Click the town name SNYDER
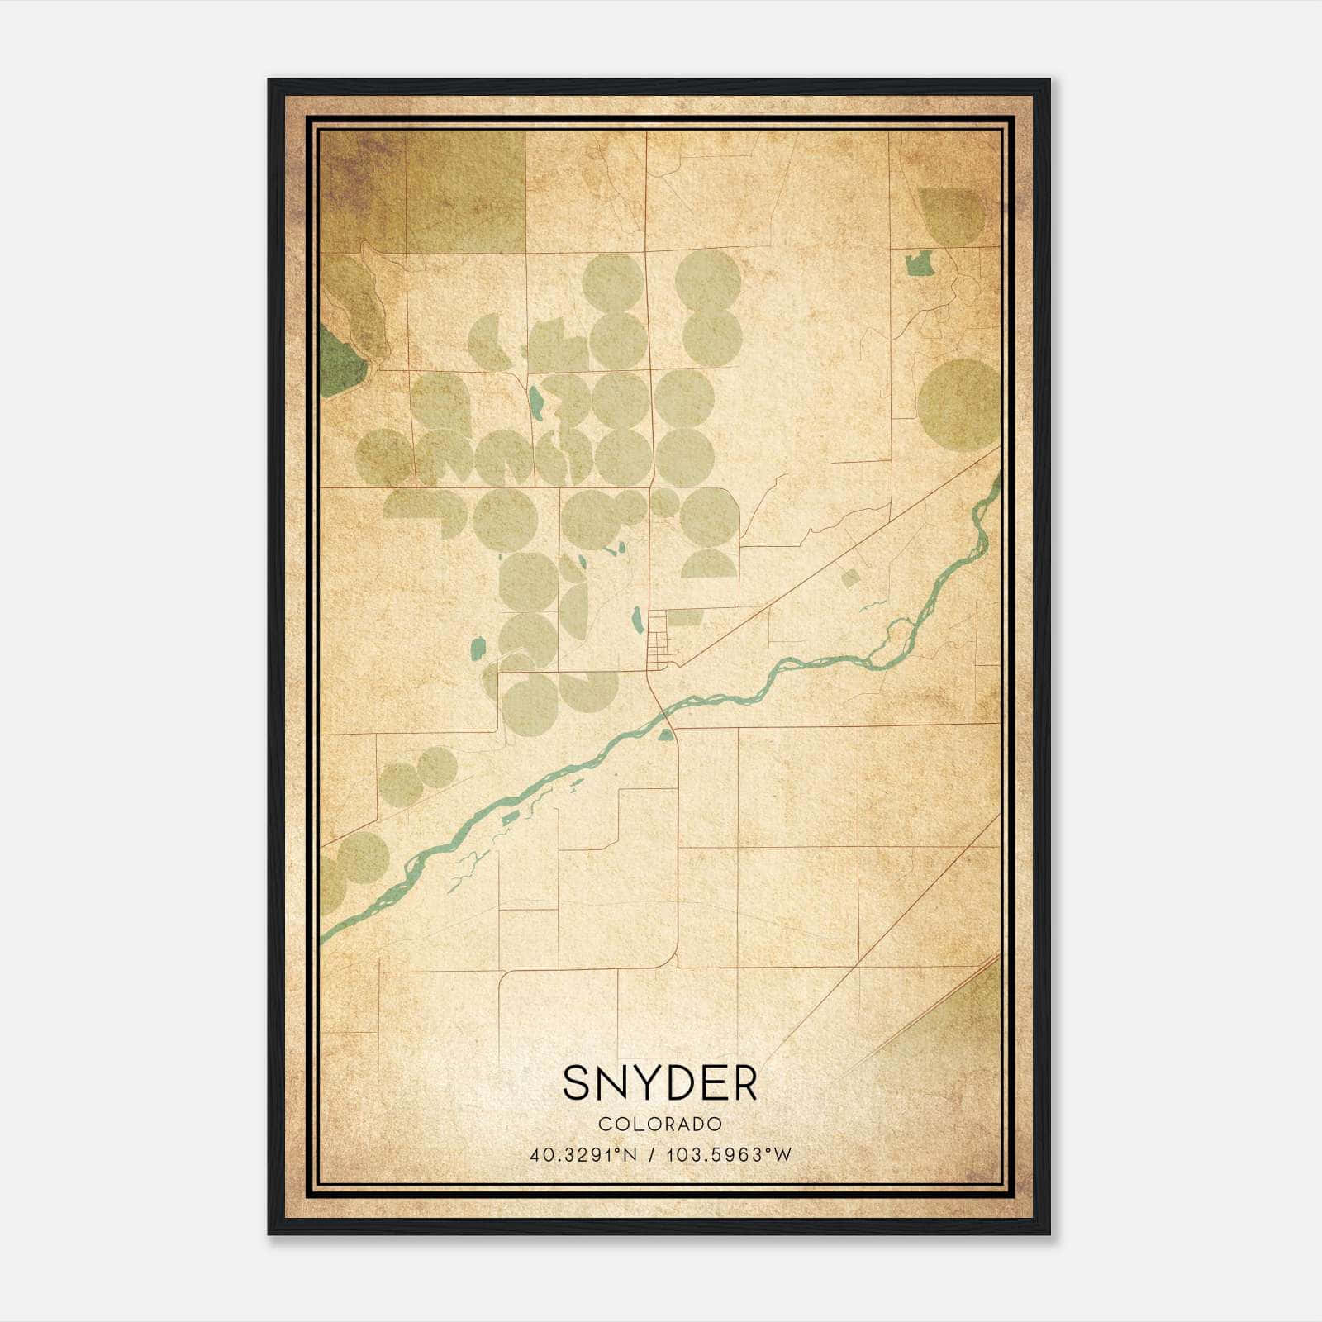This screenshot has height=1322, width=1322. tap(659, 1083)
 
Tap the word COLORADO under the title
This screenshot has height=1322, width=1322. tap(660, 1125)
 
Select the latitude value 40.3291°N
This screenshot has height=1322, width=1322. tap(584, 1155)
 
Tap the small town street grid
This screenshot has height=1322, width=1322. tap(658, 640)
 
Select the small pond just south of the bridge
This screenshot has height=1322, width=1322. tap(665, 735)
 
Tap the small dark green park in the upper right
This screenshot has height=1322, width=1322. tap(919, 264)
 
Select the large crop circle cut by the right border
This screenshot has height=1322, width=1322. tap(958, 405)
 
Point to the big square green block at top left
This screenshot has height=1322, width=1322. tap(465, 192)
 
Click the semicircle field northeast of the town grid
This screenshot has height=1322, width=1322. tap(708, 565)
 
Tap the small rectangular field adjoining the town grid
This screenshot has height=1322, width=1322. tap(684, 617)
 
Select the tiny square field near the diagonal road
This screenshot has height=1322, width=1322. tap(850, 578)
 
